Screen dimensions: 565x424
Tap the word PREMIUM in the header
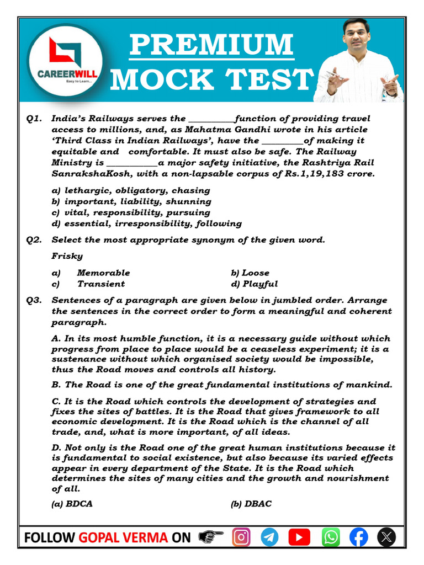point(211,45)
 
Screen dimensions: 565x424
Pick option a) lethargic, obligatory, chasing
point(130,190)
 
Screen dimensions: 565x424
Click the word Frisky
point(67,256)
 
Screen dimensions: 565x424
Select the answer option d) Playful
point(255,284)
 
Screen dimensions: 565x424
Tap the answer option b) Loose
point(250,273)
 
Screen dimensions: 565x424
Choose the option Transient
point(101,284)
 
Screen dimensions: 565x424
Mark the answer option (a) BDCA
point(72,504)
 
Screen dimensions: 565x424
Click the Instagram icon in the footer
point(241,537)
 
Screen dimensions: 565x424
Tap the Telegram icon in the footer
point(269,537)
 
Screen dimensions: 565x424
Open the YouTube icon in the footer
point(299,537)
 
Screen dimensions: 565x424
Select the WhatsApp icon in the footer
point(330,537)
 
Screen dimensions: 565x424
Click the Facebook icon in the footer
point(359,537)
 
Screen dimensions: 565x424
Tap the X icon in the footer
point(387,537)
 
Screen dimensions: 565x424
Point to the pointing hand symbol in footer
point(210,537)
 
